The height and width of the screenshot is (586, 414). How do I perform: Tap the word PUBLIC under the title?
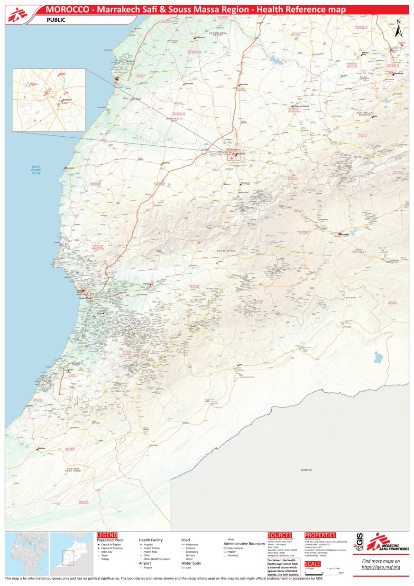pyautogui.click(x=56, y=20)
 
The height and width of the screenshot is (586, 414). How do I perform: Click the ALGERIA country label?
pyautogui.click(x=306, y=470)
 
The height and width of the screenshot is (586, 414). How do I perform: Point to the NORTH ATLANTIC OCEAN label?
pyautogui.click(x=37, y=170)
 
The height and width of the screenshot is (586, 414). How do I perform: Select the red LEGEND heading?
pyautogui.click(x=107, y=535)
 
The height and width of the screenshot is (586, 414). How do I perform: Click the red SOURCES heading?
pyautogui.click(x=279, y=535)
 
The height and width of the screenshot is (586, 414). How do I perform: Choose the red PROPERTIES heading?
pyautogui.click(x=320, y=535)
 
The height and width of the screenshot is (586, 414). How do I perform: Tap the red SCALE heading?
pyautogui.click(x=313, y=564)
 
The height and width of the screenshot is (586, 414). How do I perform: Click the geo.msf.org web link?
pyautogui.click(x=381, y=567)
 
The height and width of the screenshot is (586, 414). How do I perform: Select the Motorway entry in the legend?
pyautogui.click(x=192, y=545)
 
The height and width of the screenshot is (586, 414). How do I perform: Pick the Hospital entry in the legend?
pyautogui.click(x=148, y=545)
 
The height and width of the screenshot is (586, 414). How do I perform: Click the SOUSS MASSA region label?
pyautogui.click(x=226, y=250)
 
